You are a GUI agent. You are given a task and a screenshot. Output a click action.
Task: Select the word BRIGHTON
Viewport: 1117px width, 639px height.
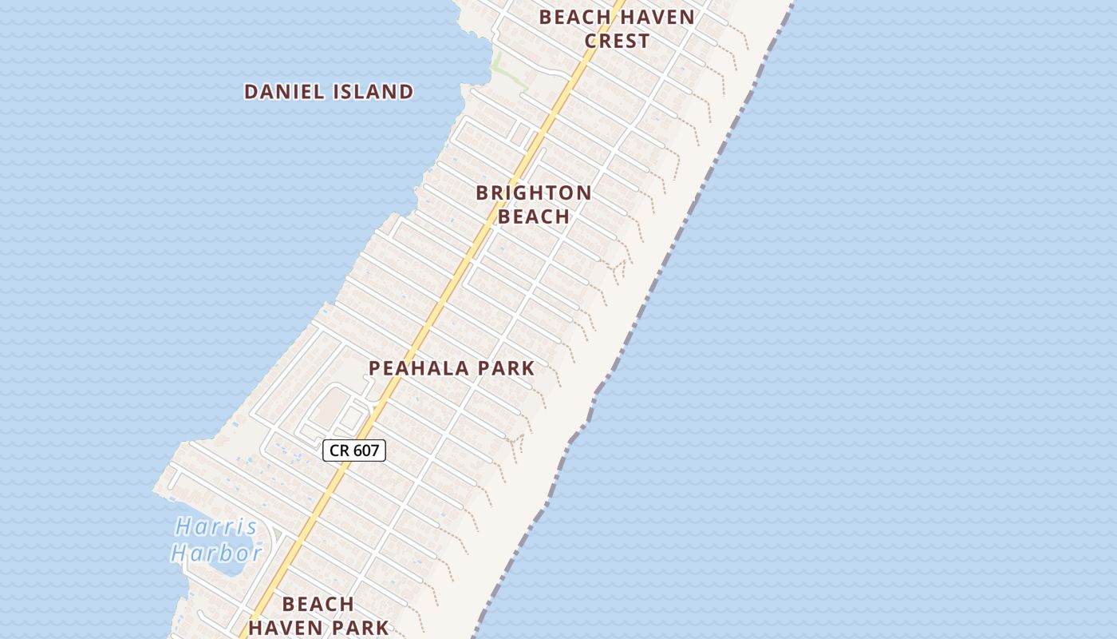[x=534, y=193]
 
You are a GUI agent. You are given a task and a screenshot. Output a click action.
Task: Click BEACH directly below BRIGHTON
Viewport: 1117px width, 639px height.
[x=534, y=216]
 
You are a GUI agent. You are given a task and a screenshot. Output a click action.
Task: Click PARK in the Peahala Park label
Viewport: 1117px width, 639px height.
[x=506, y=368]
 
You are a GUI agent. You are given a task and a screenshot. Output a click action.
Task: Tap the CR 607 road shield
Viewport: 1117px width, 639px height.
[x=354, y=450]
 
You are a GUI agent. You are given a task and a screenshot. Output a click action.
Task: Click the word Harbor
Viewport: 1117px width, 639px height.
[x=216, y=552]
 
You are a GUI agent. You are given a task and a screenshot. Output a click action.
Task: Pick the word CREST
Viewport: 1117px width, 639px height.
[x=617, y=41]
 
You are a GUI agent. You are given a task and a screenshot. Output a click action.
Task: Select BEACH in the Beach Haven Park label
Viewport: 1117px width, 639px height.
[x=318, y=604]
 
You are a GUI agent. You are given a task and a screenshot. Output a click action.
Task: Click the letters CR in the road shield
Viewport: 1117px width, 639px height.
[x=339, y=450]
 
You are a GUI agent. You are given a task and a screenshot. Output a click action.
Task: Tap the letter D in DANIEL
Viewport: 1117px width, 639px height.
[x=250, y=92]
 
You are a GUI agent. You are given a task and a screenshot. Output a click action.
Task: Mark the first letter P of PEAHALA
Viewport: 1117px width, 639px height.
[x=374, y=368]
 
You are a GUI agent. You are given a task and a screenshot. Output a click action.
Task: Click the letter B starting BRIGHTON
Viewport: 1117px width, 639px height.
[x=482, y=193]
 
